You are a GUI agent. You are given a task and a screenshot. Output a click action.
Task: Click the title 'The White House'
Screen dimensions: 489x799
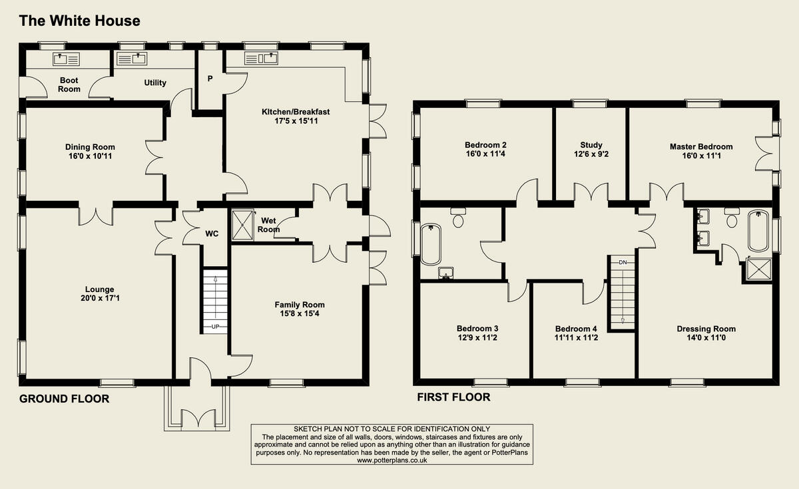79,21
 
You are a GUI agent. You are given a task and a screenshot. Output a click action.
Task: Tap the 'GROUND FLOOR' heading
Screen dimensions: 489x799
64,399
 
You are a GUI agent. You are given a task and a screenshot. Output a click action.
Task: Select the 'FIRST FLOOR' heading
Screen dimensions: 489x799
453,397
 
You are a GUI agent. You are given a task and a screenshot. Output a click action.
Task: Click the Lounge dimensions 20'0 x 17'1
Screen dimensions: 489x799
99,299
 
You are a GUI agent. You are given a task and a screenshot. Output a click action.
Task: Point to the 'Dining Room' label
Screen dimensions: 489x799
90,147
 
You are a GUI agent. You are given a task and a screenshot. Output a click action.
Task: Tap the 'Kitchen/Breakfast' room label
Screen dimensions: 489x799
296,112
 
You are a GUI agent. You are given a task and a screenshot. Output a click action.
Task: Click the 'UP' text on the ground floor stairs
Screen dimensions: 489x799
215,327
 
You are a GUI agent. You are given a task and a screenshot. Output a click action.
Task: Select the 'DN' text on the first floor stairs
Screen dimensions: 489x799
623,262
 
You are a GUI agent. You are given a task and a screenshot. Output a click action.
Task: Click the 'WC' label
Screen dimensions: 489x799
212,234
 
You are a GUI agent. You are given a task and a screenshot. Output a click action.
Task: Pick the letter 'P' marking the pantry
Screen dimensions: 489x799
210,79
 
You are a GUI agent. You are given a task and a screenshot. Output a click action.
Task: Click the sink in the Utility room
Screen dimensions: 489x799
132,59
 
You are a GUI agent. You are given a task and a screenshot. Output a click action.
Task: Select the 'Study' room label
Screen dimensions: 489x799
591,145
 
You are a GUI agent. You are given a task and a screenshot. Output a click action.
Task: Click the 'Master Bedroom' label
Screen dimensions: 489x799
701,146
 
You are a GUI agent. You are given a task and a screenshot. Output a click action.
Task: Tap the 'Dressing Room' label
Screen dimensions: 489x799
706,329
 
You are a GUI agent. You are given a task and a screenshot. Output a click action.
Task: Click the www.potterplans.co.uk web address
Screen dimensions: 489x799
392,460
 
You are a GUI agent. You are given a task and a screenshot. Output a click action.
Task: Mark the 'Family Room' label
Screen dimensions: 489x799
300,305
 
